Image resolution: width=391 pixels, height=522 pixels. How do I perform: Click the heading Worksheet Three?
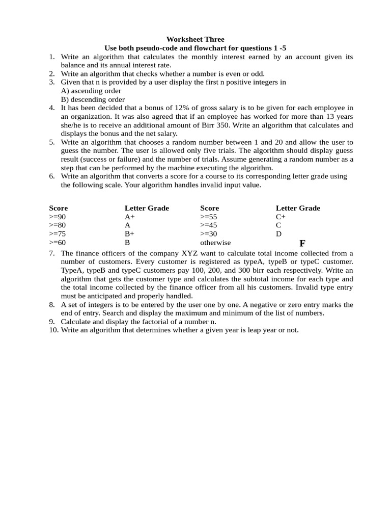coord(195,39)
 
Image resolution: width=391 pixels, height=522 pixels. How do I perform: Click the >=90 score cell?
coord(58,217)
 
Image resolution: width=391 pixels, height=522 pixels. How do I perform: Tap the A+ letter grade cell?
coord(130,217)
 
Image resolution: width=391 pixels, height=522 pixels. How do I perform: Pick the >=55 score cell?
coord(209,217)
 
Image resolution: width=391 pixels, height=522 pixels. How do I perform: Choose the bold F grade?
coord(302,243)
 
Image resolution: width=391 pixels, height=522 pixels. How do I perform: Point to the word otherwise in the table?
coord(215,243)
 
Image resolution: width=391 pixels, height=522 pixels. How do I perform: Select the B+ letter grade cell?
coord(130,234)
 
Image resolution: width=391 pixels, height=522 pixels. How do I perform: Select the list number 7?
coord(52,253)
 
